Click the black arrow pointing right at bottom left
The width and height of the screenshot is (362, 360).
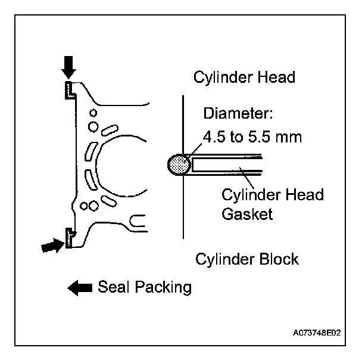pyautogui.click(x=52, y=244)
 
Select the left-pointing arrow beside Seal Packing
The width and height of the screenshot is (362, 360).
pyautogui.click(x=79, y=288)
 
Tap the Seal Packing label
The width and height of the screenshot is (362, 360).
pyautogui.click(x=145, y=288)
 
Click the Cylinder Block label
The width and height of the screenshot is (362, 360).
pyautogui.click(x=247, y=259)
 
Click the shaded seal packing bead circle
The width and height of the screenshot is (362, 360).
pyautogui.click(x=179, y=165)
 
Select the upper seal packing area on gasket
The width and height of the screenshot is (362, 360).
pyautogui.click(x=69, y=91)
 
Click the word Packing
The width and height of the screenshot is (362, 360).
pyautogui.click(x=164, y=288)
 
